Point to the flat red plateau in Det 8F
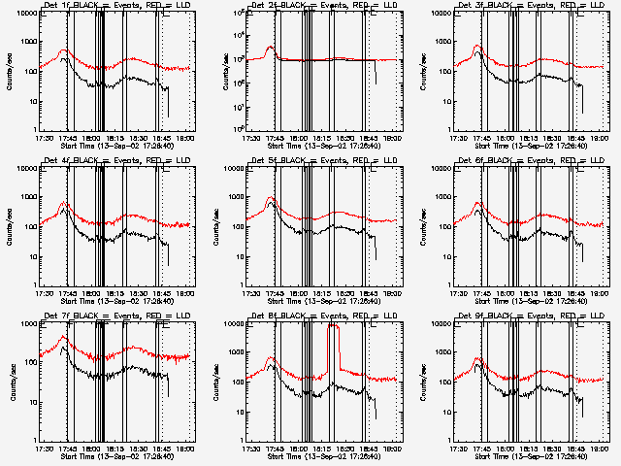tap(333, 327)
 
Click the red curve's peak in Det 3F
tap(477, 46)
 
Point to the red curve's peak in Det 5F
tap(271, 199)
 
